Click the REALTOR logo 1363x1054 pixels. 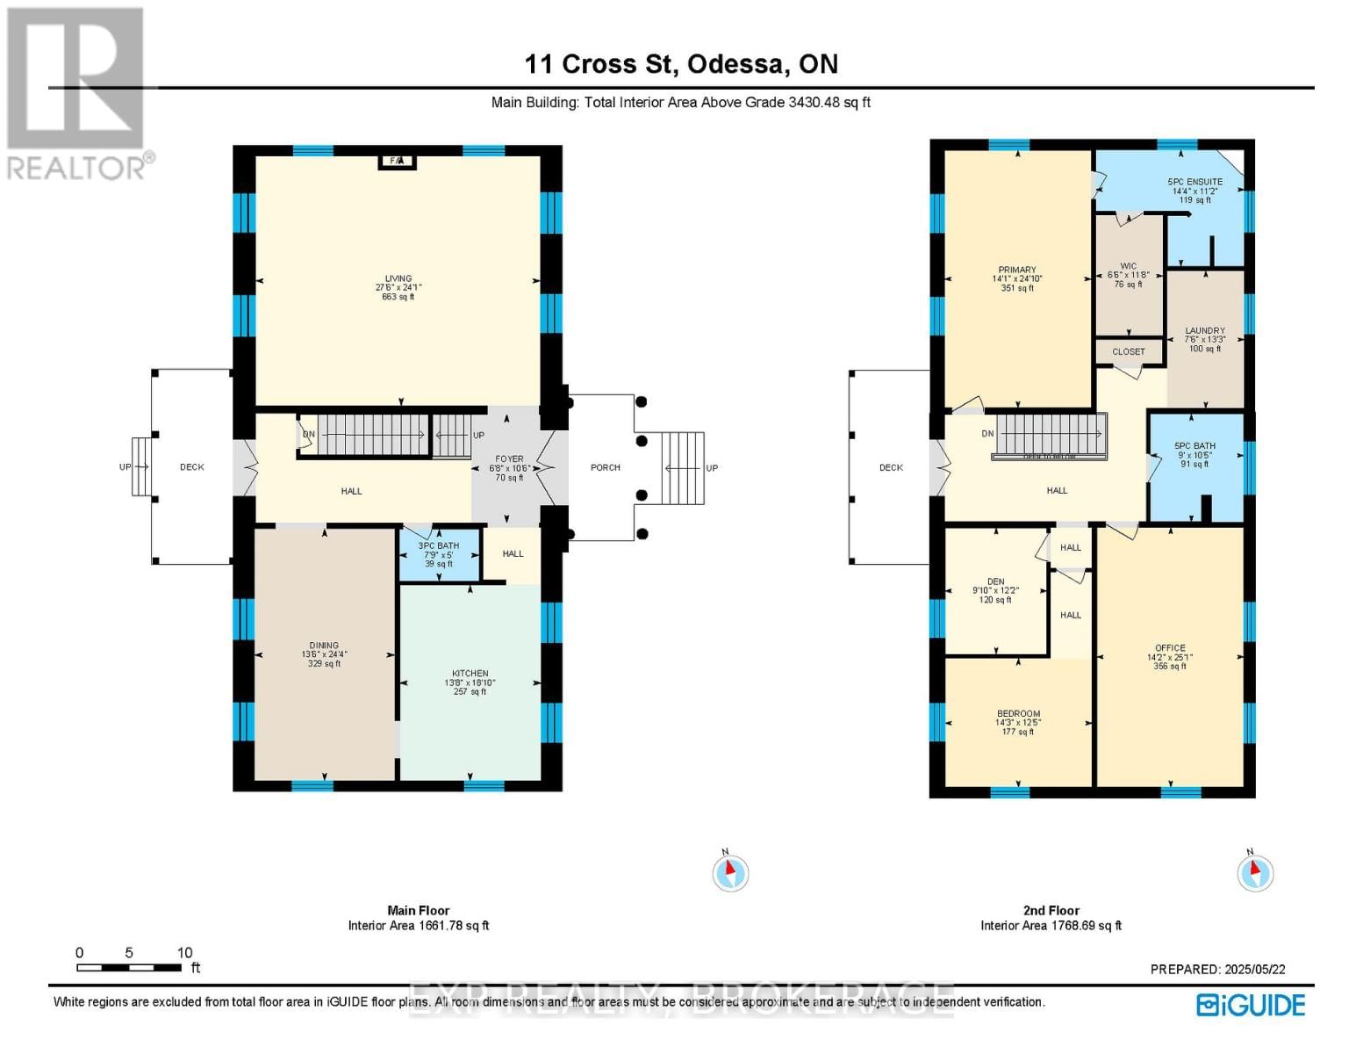76,93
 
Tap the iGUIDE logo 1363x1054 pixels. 1251,1005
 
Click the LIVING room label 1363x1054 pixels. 398,279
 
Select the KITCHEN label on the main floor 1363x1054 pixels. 470,674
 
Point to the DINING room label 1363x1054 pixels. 324,646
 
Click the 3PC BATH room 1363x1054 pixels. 439,554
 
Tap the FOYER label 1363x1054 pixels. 509,459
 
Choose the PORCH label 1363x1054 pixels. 605,467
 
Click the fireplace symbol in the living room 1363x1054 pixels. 397,161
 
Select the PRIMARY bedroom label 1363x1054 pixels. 1017,271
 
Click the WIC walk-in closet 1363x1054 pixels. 1129,274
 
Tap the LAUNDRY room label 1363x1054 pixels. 1205,332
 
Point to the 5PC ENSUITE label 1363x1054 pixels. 1194,183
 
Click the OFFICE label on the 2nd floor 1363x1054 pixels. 1170,648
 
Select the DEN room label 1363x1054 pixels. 995,581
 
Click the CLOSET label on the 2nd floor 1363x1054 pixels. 1129,351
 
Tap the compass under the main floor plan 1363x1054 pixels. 730,873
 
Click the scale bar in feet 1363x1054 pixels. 129,967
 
